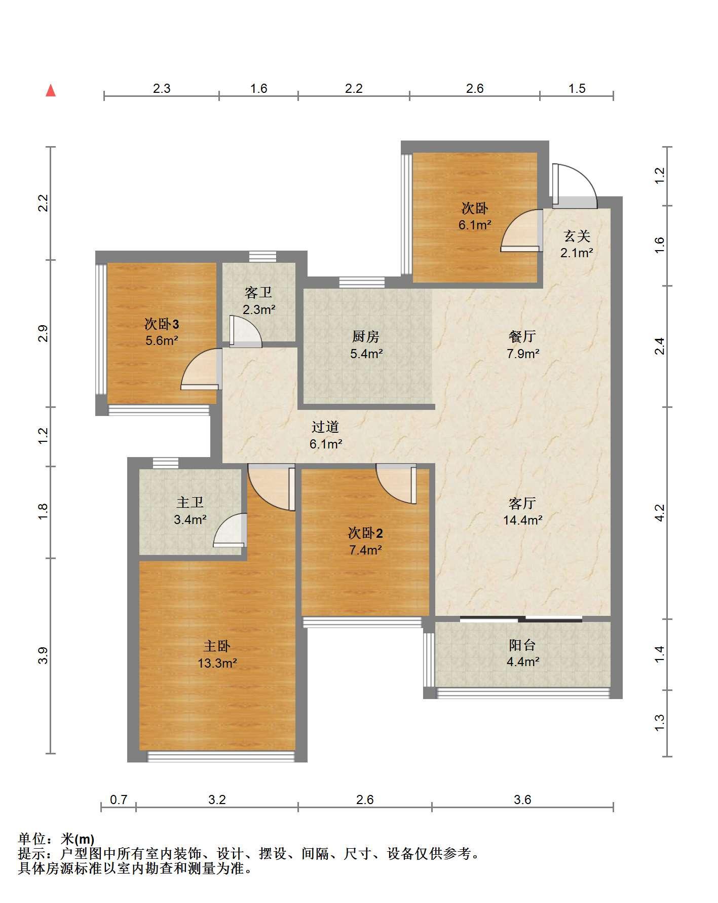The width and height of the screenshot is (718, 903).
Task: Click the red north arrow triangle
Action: (x=51, y=91)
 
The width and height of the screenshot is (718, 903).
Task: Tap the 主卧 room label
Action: (x=217, y=646)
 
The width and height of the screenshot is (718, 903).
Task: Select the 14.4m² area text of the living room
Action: (x=523, y=520)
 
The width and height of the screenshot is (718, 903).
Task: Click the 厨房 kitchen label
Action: (x=366, y=337)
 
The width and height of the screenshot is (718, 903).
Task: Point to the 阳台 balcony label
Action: (x=522, y=645)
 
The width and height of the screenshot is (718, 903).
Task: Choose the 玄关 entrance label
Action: (x=577, y=236)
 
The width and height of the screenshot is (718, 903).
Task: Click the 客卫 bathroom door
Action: (x=246, y=332)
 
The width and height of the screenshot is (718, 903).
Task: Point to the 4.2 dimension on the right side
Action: (x=659, y=512)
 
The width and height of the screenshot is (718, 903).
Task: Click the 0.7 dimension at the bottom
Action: (x=119, y=800)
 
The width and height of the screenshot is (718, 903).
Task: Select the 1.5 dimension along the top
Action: (x=577, y=89)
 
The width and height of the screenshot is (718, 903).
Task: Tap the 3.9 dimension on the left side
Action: (x=44, y=656)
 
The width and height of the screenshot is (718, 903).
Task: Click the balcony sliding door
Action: (x=521, y=618)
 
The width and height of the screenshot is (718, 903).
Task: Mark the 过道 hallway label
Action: (x=325, y=427)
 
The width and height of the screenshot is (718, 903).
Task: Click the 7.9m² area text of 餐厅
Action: (x=523, y=354)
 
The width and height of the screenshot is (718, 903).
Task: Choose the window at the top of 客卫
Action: (x=262, y=257)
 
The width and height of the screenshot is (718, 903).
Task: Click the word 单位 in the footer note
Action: (x=31, y=840)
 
